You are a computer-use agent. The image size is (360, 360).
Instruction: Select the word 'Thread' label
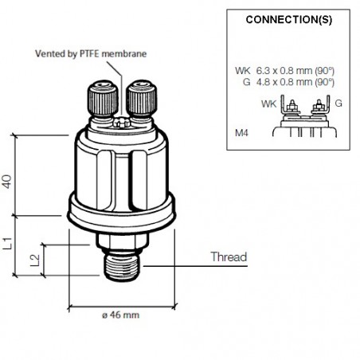229,257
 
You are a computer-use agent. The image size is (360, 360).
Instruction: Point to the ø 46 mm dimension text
119,315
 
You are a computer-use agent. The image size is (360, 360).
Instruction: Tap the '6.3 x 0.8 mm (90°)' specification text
295,71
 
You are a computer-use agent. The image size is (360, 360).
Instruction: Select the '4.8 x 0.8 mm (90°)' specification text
295,81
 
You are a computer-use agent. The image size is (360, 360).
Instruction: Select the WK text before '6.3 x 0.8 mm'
243,71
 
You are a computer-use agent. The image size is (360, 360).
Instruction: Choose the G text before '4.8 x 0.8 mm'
247,81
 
